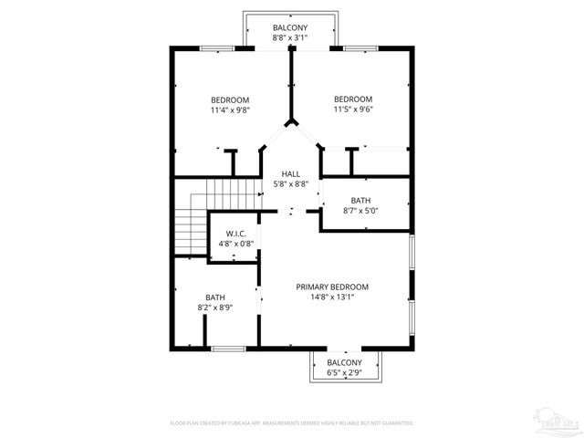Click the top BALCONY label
tap(291, 27)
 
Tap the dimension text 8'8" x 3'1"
tap(291, 38)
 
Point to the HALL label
tap(291, 173)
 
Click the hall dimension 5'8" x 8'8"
tap(291, 183)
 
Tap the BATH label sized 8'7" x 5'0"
tap(360, 201)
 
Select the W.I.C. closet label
tap(235, 235)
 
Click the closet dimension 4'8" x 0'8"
tap(235, 245)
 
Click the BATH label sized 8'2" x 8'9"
tap(215, 297)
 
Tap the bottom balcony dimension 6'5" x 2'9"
tap(345, 372)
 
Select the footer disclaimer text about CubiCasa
tap(291, 423)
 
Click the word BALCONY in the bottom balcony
tap(345, 362)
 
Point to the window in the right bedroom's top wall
tap(356, 47)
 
